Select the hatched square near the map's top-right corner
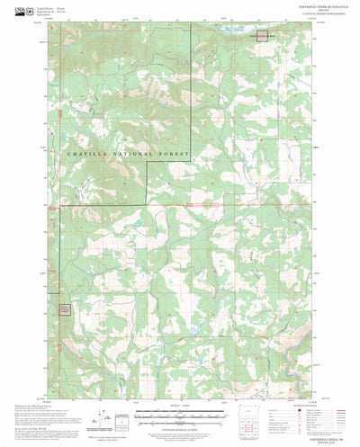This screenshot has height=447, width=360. (262, 35)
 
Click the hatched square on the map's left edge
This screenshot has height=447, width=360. (65, 309)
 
